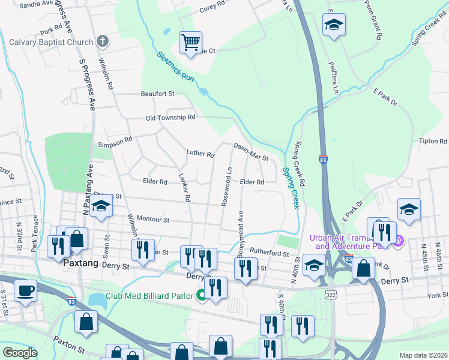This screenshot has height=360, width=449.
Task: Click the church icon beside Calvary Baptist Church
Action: coord(103,42)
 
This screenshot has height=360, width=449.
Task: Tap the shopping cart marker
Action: coord(190,43)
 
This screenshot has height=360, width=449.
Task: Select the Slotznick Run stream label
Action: coord(176,67)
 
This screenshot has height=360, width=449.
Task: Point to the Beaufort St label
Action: coord(157,94)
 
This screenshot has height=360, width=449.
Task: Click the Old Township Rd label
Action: coord(170,118)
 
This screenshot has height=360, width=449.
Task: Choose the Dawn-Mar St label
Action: coord(251,151)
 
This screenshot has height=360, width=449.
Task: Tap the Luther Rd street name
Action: coord(200,154)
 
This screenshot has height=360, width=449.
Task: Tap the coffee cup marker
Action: coord(25,291)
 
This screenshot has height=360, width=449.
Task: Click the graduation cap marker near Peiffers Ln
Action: coord(334,25)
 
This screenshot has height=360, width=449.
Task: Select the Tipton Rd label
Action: coord(434,142)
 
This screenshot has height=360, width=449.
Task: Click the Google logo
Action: coord(20,352)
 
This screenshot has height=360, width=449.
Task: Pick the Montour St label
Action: coord(153,220)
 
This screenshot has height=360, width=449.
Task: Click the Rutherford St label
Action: coord(270,253)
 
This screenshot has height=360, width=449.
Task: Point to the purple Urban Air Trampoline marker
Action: coord(396,241)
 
